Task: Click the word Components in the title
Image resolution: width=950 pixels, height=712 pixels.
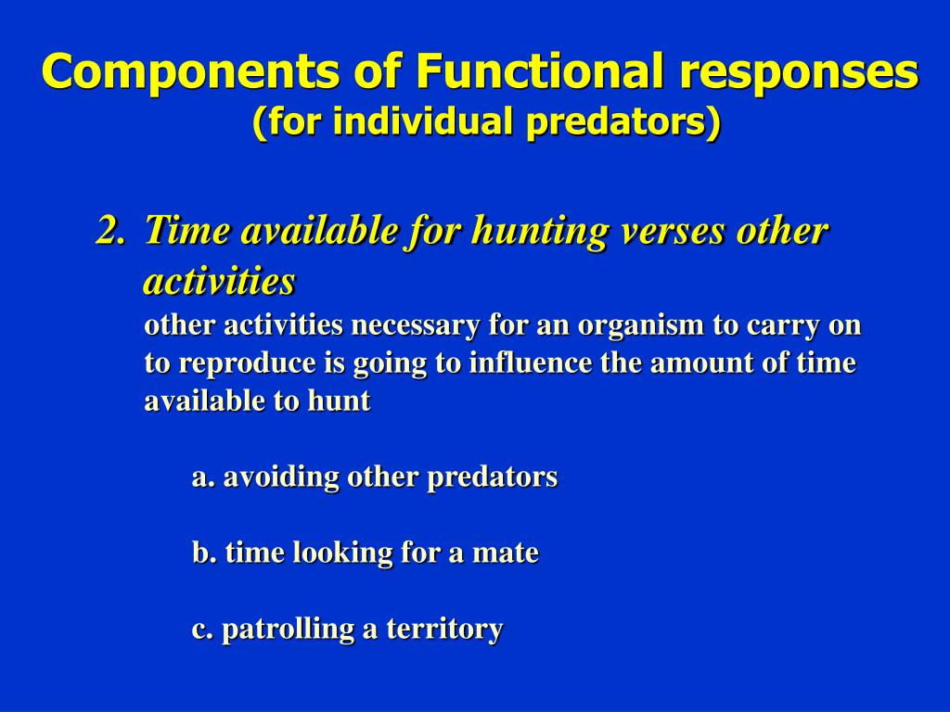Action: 191,72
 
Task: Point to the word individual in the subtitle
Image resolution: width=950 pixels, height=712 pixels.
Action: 419,121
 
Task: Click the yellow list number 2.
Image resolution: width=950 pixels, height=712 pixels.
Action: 111,231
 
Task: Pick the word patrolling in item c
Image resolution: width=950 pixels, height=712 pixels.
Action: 289,629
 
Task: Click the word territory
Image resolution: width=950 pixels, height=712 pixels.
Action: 444,629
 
